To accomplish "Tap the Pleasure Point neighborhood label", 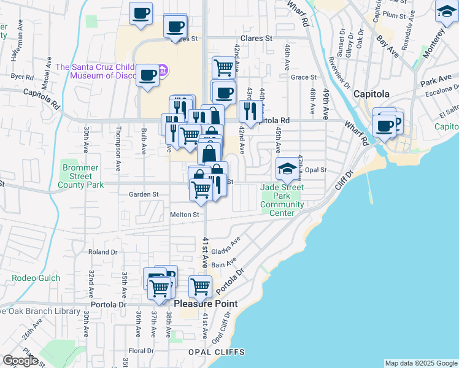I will click(x=206, y=304).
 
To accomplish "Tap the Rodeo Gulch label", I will click(x=36, y=278).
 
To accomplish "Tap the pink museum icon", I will click(x=162, y=71).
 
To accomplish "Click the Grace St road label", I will click(x=303, y=77).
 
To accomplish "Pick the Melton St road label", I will click(x=185, y=215).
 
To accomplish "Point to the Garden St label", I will click(x=144, y=194).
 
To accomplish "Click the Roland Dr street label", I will click(x=102, y=252).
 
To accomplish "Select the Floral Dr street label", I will click(x=141, y=351).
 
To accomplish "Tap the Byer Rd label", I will click(x=22, y=77).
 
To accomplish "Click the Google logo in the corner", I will click(x=20, y=360).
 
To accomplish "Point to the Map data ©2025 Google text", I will click(x=421, y=363).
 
